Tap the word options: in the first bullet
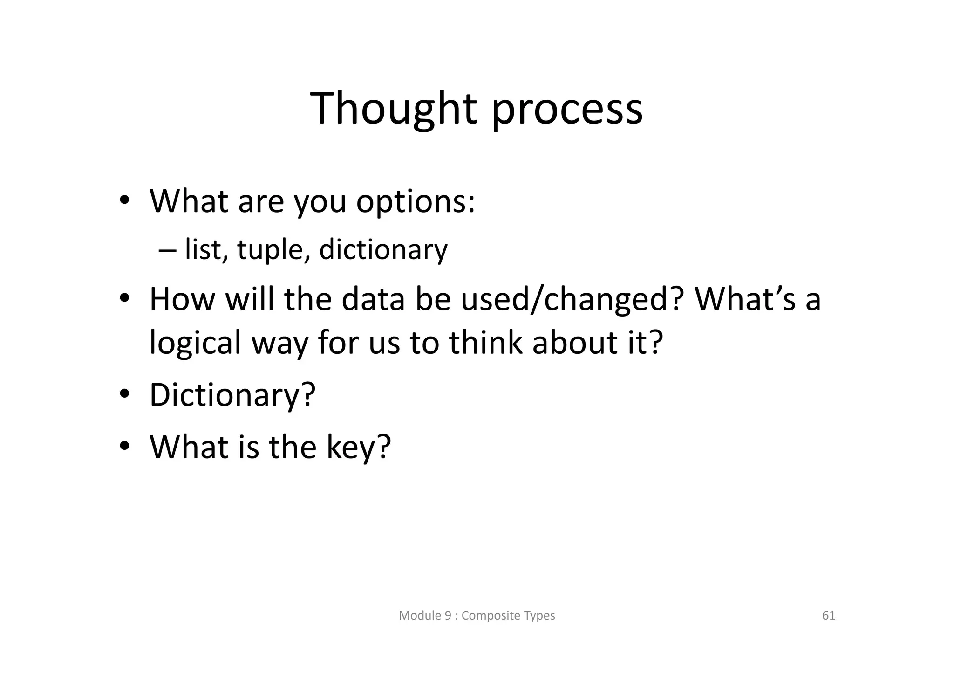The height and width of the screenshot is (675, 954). click(x=416, y=202)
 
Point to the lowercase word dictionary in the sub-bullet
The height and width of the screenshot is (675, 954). click(x=383, y=249)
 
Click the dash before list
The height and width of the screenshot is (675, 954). click(x=167, y=250)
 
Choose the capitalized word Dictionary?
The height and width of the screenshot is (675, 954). click(x=232, y=395)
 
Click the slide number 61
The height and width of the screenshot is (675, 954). click(x=828, y=616)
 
